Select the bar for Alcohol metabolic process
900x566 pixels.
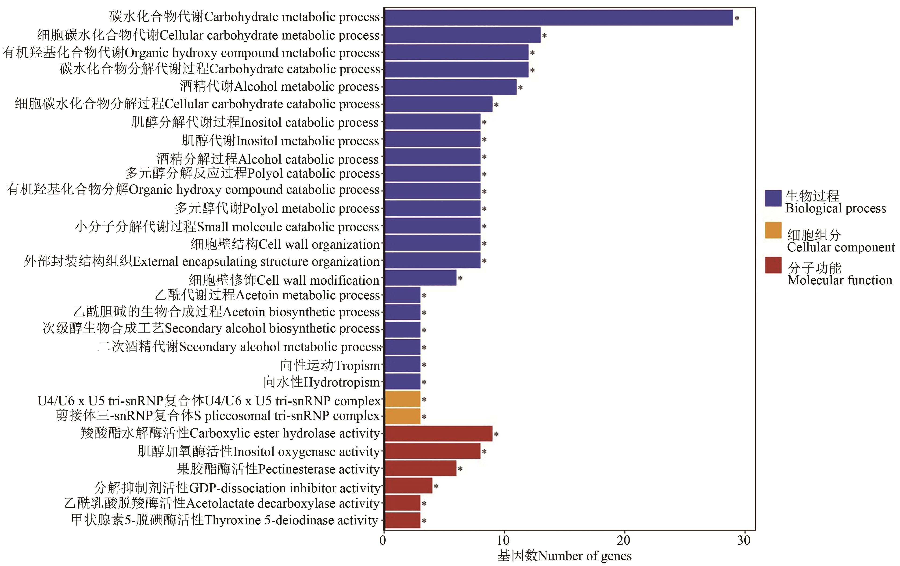click(450, 87)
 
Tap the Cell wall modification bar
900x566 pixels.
click(420, 278)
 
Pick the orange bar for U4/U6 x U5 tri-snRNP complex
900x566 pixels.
click(403, 399)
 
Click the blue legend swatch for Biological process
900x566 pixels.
click(773, 198)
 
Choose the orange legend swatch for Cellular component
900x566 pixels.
click(773, 230)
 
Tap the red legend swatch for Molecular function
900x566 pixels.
click(773, 265)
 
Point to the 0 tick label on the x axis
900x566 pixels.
click(383, 541)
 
